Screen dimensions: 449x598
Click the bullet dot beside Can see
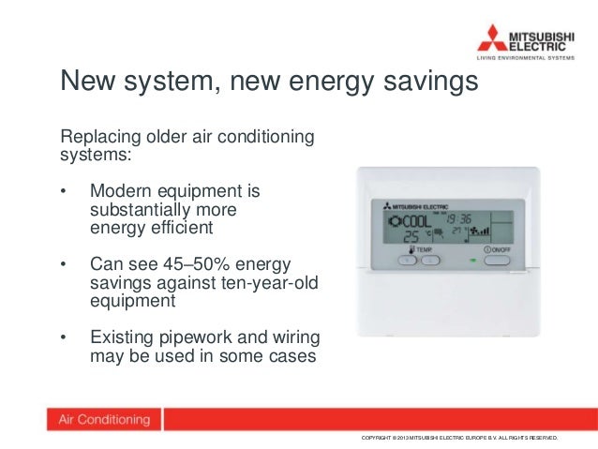coord(64,265)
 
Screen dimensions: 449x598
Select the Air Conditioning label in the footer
coord(105,420)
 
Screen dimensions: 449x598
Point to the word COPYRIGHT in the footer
coord(380,439)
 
